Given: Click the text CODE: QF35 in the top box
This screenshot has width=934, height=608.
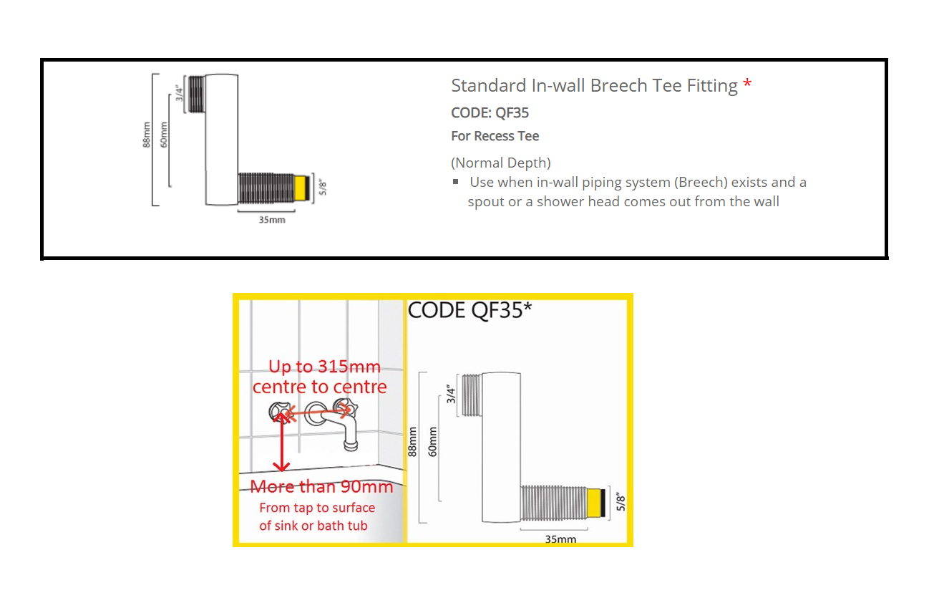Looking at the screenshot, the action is [x=490, y=112].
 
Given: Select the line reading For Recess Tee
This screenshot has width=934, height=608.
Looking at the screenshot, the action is [x=495, y=136].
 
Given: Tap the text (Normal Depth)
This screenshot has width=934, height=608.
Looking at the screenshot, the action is [x=501, y=163].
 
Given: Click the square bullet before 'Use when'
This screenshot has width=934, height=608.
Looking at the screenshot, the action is [x=455, y=182].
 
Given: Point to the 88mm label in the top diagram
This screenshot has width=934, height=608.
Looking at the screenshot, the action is [x=146, y=135].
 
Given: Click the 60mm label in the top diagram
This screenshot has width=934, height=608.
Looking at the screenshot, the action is [x=164, y=135].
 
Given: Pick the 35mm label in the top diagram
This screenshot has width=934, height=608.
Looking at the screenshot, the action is [x=272, y=220].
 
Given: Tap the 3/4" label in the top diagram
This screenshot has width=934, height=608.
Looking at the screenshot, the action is [x=180, y=94].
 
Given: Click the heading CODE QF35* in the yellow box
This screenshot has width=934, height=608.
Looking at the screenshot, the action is [x=470, y=311].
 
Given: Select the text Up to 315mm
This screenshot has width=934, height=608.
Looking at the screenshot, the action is [x=324, y=367].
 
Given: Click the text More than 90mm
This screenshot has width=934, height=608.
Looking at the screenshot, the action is [x=321, y=486].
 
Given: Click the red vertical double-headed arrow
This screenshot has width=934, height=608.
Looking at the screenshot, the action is [x=282, y=442].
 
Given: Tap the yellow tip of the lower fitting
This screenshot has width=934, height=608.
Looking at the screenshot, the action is [x=593, y=503].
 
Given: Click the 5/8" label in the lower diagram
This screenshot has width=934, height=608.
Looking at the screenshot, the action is [x=621, y=502].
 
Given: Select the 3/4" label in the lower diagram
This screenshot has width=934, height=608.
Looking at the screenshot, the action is [x=451, y=394].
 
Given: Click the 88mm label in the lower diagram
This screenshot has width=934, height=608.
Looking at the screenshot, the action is [x=412, y=442].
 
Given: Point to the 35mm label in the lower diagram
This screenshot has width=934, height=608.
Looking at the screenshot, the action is [x=560, y=539].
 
